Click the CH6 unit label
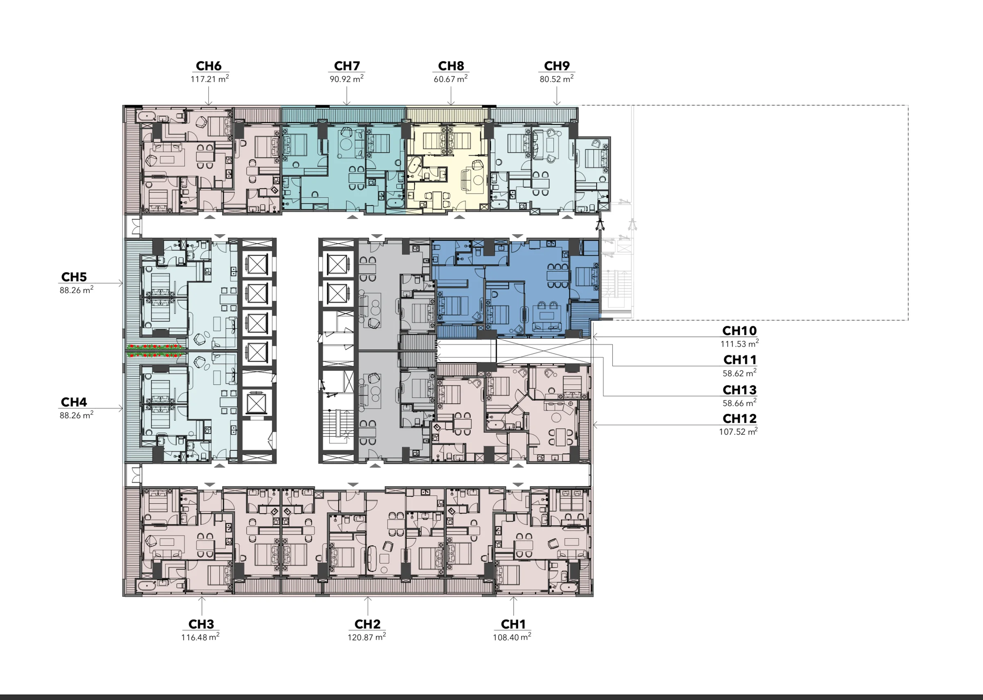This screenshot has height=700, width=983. [x=208, y=66]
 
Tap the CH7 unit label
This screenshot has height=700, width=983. [x=347, y=66]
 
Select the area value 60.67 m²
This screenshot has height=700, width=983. [x=451, y=79]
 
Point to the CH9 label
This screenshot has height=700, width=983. [x=557, y=66]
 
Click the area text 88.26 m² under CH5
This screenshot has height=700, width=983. [x=76, y=290]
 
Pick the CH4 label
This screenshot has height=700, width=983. [x=74, y=402]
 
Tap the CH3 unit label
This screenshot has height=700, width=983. [x=201, y=624]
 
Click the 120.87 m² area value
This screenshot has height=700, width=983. [x=367, y=637]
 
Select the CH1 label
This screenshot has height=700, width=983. [x=513, y=624]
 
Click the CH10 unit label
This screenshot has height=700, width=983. [x=739, y=331]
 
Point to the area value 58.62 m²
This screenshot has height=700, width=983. [x=739, y=373]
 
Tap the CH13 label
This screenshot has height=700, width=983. [x=739, y=390]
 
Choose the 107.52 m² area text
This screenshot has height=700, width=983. [x=738, y=431]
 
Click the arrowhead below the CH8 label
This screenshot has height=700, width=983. [x=451, y=104]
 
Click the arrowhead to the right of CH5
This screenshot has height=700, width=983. [x=121, y=283]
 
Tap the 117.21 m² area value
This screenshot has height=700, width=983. [x=210, y=79]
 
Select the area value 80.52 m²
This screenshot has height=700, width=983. [x=557, y=79]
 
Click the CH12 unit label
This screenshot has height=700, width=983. [x=739, y=418]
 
